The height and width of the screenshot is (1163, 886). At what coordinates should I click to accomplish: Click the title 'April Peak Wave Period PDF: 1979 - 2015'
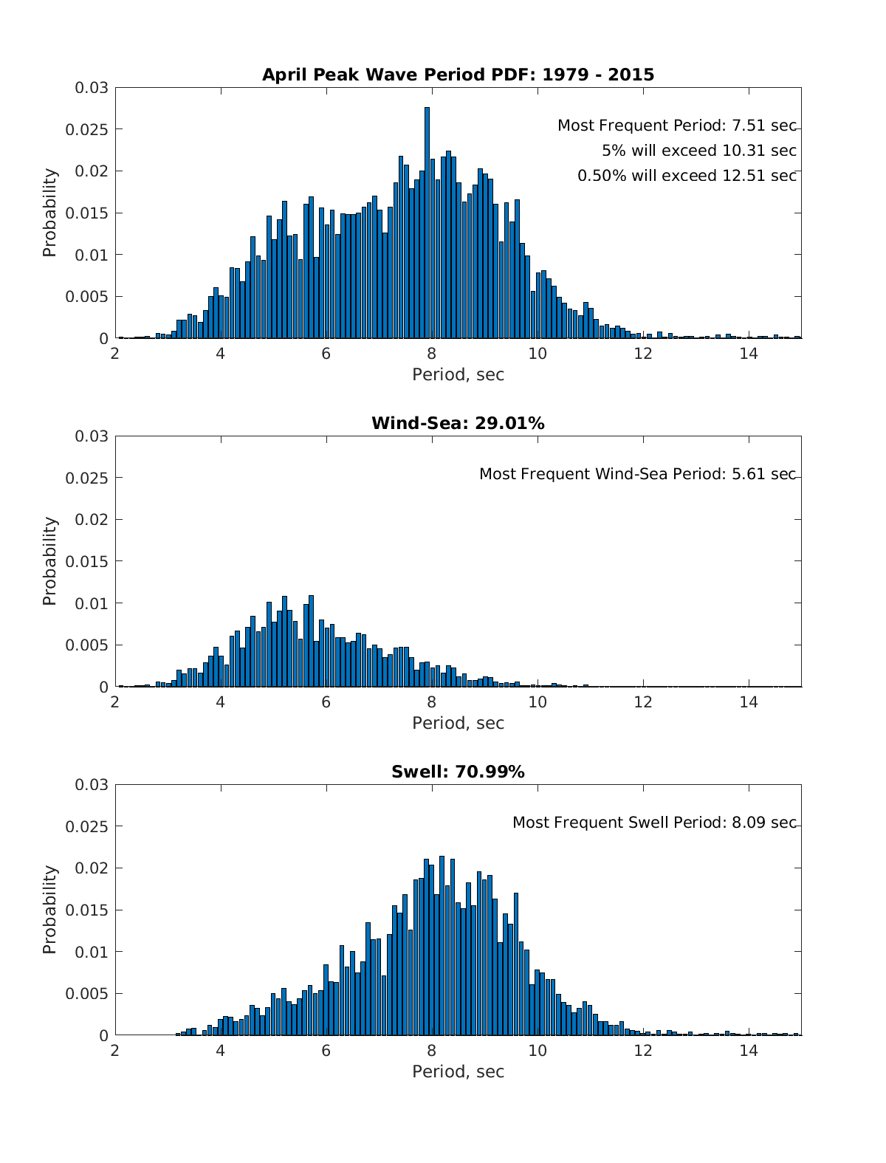[x=458, y=75]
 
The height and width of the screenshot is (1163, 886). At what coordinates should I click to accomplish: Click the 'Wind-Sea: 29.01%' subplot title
[x=458, y=423]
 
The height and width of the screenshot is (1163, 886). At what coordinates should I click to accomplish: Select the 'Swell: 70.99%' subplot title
[x=458, y=772]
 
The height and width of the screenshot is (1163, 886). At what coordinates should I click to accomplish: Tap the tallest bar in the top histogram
[x=427, y=222]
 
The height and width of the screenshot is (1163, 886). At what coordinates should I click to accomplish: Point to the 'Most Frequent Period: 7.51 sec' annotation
[x=676, y=126]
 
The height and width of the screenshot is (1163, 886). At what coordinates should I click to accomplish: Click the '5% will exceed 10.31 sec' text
[x=698, y=151]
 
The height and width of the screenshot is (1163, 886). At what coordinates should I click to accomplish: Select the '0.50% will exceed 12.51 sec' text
[x=687, y=176]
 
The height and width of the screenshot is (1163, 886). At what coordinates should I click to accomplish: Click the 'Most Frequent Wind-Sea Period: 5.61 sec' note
[x=637, y=474]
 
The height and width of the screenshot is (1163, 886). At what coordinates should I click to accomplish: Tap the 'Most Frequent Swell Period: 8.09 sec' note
[x=654, y=823]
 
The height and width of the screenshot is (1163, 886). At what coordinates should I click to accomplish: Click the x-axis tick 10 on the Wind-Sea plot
[x=538, y=701]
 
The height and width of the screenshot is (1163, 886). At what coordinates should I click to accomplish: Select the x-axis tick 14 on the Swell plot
[x=749, y=1050]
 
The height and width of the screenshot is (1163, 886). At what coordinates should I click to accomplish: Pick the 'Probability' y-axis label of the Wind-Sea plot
[x=49, y=561]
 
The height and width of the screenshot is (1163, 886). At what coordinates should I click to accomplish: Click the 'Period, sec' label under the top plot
[x=458, y=374]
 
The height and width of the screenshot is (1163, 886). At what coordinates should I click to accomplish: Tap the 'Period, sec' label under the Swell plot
[x=458, y=1071]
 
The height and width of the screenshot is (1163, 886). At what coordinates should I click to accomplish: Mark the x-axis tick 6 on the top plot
[x=326, y=353]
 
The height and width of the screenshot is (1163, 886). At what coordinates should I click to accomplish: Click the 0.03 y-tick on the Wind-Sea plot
[x=92, y=436]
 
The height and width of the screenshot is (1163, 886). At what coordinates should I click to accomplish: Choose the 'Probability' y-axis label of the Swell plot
[x=49, y=910]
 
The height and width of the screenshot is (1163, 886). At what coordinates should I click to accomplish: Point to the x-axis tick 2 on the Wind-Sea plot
[x=115, y=701]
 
